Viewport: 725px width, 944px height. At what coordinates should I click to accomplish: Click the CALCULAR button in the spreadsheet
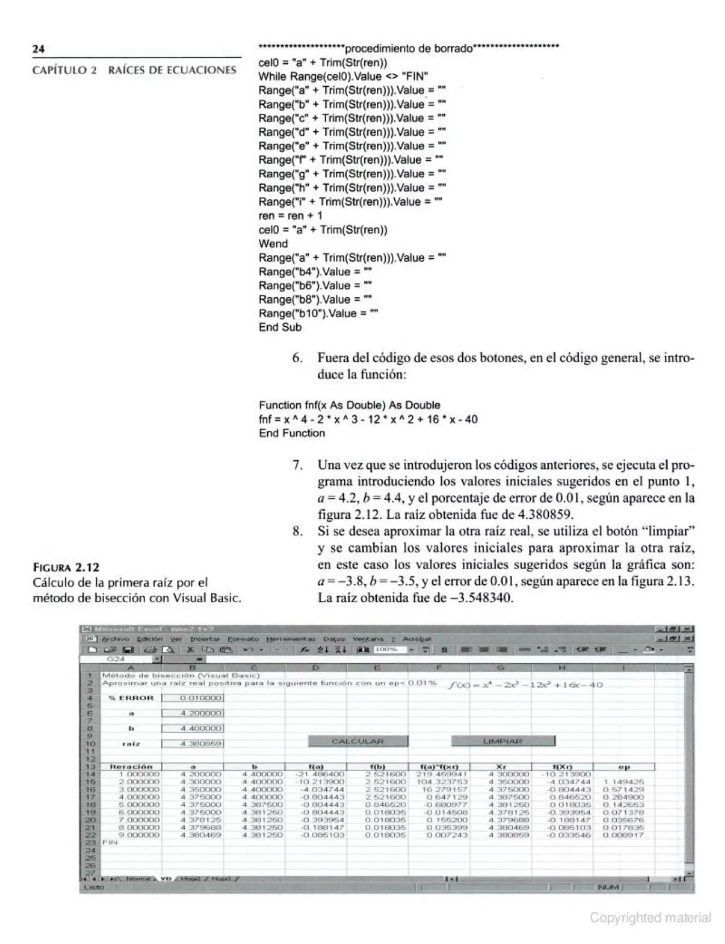[358, 741]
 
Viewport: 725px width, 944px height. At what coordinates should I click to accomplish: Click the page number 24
[38, 48]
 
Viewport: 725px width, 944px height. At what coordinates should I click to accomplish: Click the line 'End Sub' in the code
[280, 327]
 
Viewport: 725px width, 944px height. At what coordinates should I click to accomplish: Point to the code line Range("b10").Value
[318, 313]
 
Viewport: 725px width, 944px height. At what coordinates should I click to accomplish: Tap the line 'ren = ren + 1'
[290, 215]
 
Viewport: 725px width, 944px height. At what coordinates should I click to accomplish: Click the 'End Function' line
[292, 433]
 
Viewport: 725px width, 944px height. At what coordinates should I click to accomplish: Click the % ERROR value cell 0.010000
[193, 698]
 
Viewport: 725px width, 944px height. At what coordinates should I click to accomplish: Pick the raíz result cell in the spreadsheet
[193, 743]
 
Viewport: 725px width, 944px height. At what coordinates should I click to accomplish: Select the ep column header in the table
[624, 767]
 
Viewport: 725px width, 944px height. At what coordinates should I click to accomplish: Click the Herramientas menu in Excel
[291, 639]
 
